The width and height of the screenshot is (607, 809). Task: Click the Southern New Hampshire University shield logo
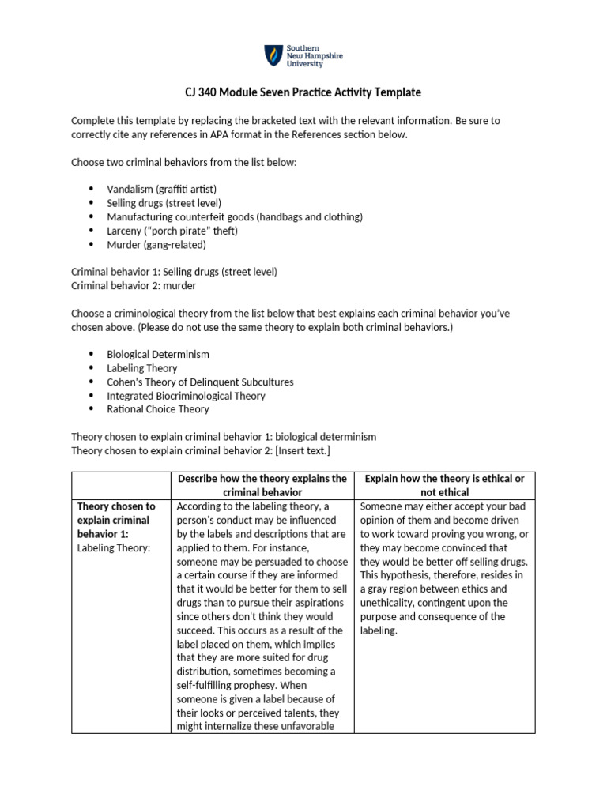(273, 55)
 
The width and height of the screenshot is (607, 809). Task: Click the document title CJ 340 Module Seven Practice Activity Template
(303, 92)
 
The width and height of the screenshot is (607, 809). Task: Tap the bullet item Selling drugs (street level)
(164, 203)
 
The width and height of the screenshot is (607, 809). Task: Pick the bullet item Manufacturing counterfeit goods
(235, 216)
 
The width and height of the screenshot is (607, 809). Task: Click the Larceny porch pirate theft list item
(172, 231)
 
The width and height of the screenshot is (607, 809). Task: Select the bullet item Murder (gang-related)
(156, 244)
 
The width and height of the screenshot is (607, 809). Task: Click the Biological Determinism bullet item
(158, 354)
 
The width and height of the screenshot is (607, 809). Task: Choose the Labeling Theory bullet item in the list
(142, 368)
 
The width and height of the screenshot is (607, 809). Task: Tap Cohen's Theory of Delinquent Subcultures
(200, 382)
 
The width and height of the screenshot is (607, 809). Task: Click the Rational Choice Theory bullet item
(158, 409)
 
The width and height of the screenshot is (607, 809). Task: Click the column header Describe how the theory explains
(262, 485)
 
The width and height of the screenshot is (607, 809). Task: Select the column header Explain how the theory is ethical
(444, 485)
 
